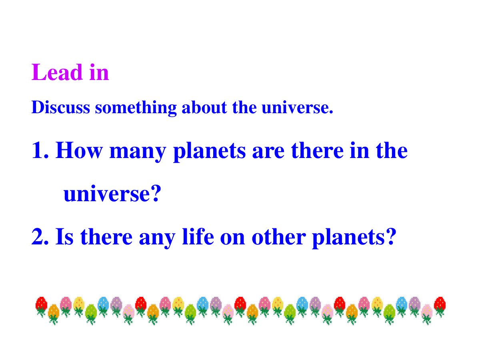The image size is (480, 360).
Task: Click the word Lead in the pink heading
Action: (57, 72)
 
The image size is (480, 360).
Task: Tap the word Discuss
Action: (60, 107)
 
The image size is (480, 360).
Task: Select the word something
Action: (136, 108)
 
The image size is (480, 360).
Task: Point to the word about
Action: (204, 107)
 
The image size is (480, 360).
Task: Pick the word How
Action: (79, 150)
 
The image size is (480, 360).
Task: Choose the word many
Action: (138, 152)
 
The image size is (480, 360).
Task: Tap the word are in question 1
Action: (268, 152)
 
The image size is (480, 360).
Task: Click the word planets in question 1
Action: (210, 152)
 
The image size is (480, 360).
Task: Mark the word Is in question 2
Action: (64, 236)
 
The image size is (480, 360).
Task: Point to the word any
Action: (157, 239)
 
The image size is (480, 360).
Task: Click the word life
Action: (198, 236)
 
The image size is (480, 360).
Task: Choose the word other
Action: (279, 236)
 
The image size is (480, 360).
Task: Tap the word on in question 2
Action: (233, 239)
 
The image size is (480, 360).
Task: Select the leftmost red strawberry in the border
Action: (41, 306)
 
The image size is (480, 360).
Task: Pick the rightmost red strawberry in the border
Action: (440, 306)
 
